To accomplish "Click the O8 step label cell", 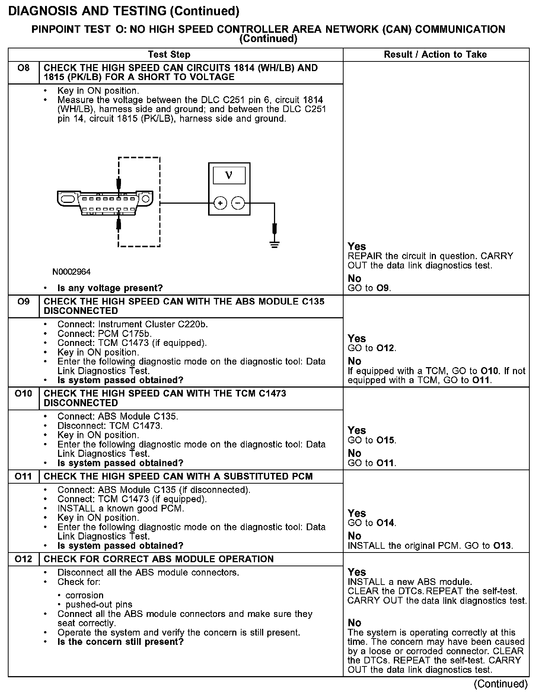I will [23, 68].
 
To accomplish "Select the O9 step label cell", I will [23, 302].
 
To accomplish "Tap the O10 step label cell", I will [23, 394].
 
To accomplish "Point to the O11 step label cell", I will [23, 477].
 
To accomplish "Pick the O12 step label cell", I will [23, 559].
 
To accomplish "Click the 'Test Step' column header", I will [169, 55].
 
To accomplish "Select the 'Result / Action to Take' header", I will [435, 55].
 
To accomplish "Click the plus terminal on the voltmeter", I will [220, 203].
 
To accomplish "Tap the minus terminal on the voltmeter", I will [238, 203].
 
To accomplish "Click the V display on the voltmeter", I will [229, 175].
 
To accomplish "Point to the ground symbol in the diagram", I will [274, 245].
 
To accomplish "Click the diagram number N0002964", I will [71, 272].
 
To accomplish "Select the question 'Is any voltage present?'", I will [110, 288].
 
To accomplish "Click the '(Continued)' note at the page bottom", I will [501, 684].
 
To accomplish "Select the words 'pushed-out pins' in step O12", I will [99, 605].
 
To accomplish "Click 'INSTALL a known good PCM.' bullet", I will [121, 509].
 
